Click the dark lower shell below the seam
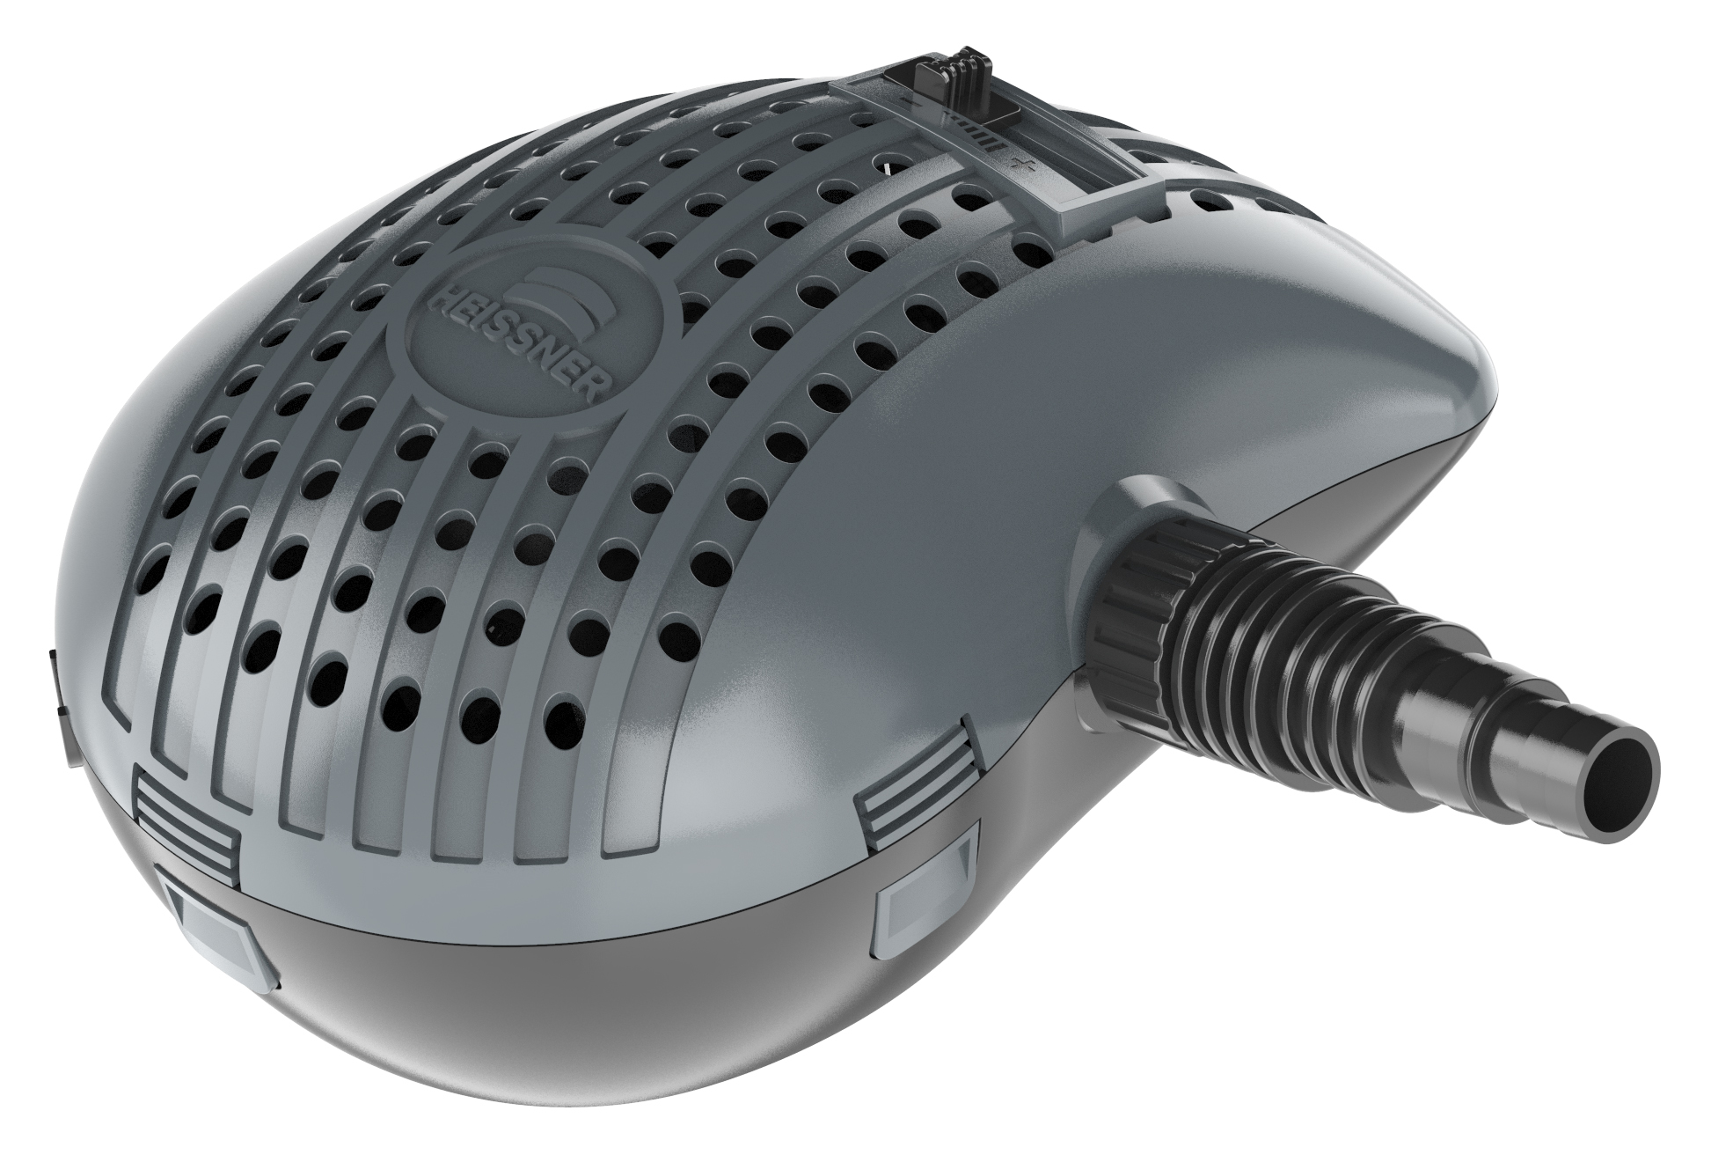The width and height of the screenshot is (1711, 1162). click(572, 1039)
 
